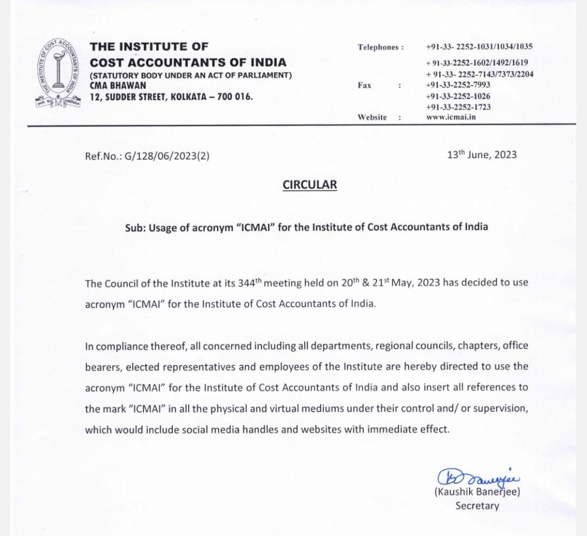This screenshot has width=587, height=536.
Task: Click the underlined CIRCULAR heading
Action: pos(309,185)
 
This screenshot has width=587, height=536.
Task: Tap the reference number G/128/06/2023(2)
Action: pos(167,156)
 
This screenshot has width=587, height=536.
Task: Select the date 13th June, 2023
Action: pos(482,155)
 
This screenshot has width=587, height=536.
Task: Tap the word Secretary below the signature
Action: pos(477,506)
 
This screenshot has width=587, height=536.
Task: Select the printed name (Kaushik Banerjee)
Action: pos(477,493)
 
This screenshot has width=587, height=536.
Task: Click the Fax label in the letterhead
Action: pos(365,85)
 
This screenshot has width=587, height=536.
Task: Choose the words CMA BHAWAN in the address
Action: pos(118,86)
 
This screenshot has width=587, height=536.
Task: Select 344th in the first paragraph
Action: pos(251,283)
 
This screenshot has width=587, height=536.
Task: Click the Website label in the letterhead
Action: pos(372,117)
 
